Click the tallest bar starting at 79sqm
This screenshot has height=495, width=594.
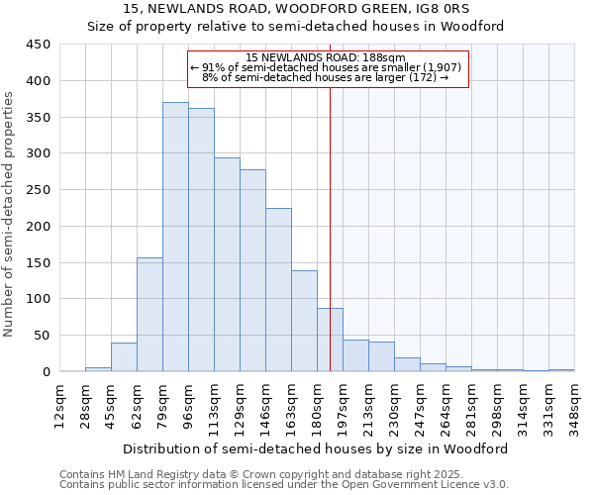(x=175, y=238)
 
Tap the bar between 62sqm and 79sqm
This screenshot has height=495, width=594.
(x=149, y=315)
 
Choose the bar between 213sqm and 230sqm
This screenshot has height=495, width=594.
(x=381, y=356)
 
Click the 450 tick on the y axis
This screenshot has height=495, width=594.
(x=39, y=45)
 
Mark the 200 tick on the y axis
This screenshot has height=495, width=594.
(x=39, y=227)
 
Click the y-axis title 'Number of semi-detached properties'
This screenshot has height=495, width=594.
(x=9, y=214)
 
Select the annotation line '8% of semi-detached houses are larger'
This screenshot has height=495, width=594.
(x=325, y=77)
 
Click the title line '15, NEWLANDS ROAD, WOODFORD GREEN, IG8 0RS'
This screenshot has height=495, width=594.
(x=297, y=9)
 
